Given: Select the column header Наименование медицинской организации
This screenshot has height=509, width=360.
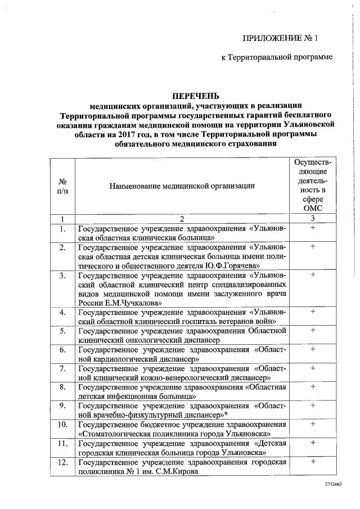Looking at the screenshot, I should pos(181,185).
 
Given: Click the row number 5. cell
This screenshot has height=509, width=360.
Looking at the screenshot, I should pos(64,331).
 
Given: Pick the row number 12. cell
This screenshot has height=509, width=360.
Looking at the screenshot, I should pos(64,462).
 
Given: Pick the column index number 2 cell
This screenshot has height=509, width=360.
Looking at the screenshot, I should pos(182,218).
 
